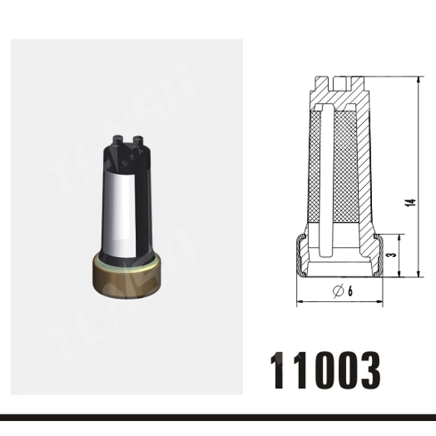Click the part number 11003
pyautogui.click(x=325, y=368)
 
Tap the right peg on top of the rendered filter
pyautogui.click(x=138, y=140)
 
